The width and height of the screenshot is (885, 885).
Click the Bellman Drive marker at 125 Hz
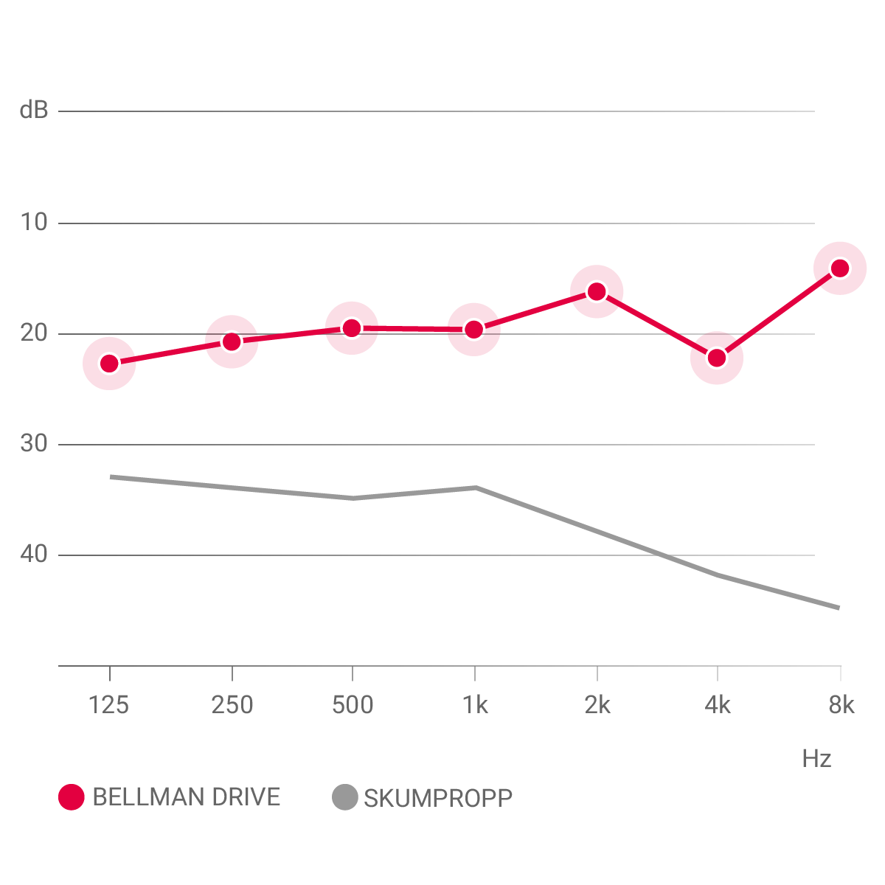[109, 363]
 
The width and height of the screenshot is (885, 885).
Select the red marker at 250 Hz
[232, 341]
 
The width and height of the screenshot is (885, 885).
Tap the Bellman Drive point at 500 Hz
[353, 328]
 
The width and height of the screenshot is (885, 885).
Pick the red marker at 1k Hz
[474, 329]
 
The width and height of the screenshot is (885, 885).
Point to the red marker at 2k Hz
[597, 291]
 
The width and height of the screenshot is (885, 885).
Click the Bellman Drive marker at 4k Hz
[717, 358]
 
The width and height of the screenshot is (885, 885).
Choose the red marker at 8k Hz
[840, 268]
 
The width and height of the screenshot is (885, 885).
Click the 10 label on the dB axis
[33, 222]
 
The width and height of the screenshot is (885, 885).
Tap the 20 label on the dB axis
[33, 333]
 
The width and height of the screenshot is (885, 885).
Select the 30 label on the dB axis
[33, 444]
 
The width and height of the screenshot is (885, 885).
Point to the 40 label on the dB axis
[33, 555]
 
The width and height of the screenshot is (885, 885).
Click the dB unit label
[34, 111]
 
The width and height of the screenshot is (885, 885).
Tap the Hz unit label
[816, 759]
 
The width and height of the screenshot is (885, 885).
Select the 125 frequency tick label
[108, 705]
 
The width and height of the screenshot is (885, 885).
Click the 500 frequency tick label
[353, 705]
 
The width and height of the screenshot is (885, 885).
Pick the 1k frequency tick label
[475, 705]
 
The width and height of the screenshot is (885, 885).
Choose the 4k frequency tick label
[718, 705]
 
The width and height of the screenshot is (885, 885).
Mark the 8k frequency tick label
[841, 705]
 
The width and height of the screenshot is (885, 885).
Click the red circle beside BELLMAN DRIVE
[72, 797]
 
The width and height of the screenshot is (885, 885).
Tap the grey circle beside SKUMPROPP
[344, 797]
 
